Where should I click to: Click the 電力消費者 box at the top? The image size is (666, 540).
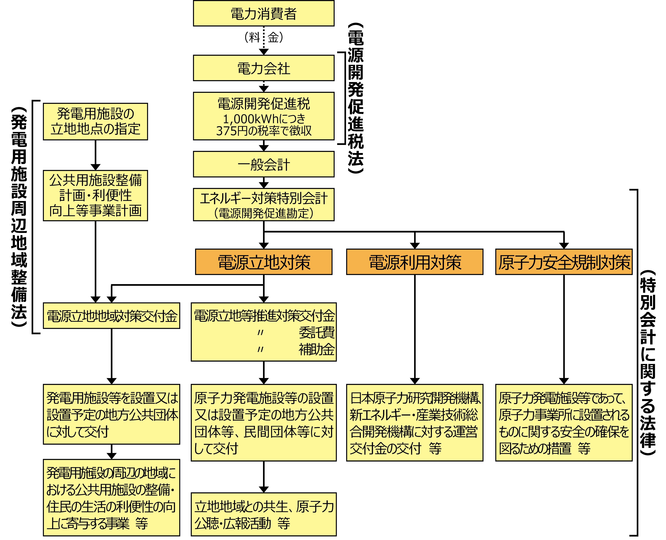(263, 13)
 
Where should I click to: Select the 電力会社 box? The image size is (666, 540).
(263, 68)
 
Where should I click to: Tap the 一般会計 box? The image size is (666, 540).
(263, 164)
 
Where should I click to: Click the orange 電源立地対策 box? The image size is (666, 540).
(263, 262)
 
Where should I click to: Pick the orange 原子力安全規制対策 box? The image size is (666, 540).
(564, 262)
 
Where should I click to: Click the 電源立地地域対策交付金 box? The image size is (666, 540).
(111, 316)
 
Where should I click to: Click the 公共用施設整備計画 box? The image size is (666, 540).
(95, 195)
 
